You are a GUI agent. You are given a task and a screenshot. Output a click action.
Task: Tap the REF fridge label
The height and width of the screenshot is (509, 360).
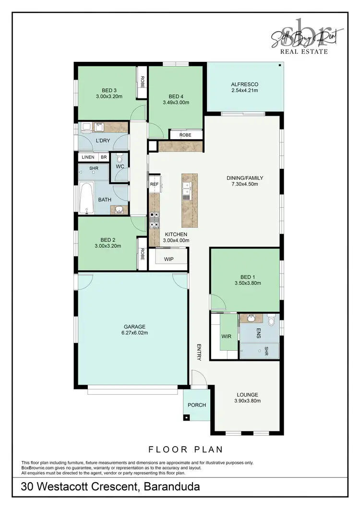pyautogui.click(x=154, y=184)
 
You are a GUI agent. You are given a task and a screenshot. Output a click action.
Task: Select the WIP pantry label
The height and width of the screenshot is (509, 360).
pyautogui.click(x=168, y=259)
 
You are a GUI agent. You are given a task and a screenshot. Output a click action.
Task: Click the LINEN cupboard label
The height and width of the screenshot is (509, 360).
pyautogui.click(x=88, y=157)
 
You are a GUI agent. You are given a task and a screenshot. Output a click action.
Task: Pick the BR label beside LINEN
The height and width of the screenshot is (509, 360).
pyautogui.click(x=103, y=157)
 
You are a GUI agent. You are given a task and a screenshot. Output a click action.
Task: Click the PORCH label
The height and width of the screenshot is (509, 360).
pyautogui.click(x=197, y=405)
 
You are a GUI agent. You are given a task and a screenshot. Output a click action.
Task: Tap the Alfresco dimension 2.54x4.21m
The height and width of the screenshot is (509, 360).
pyautogui.click(x=245, y=90)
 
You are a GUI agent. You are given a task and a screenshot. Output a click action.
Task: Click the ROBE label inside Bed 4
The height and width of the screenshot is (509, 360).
pyautogui.click(x=185, y=135)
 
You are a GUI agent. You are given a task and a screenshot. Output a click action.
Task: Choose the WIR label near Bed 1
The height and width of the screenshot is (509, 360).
pyautogui.click(x=227, y=336)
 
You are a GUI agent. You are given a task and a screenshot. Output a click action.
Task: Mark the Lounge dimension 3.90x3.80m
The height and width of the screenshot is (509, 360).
pyautogui.click(x=247, y=401)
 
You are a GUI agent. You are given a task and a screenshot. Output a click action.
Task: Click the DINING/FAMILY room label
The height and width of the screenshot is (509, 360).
pyautogui.click(x=245, y=178)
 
